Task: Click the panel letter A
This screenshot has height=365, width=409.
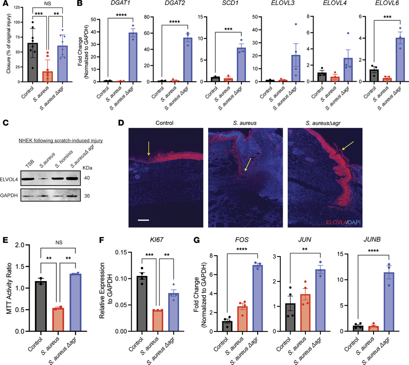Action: pyautogui.click(x=5, y=5)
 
